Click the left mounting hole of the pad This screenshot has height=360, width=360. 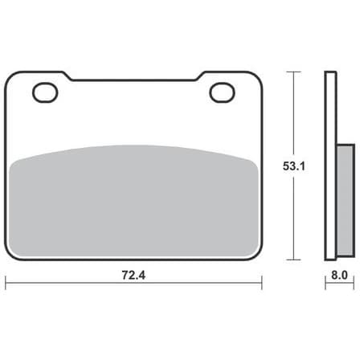(x=45, y=92)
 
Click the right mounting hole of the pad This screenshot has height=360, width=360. (x=222, y=92)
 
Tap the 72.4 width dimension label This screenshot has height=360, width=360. (x=133, y=275)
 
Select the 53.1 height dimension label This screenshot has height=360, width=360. (x=294, y=166)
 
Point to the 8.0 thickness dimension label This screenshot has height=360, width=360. (x=339, y=275)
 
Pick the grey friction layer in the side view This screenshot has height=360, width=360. (x=346, y=199)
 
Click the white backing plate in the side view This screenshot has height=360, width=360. (x=330, y=166)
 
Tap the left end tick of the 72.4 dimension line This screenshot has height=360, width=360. (x=6, y=282)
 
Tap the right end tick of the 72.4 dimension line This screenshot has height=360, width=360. (x=262, y=282)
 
